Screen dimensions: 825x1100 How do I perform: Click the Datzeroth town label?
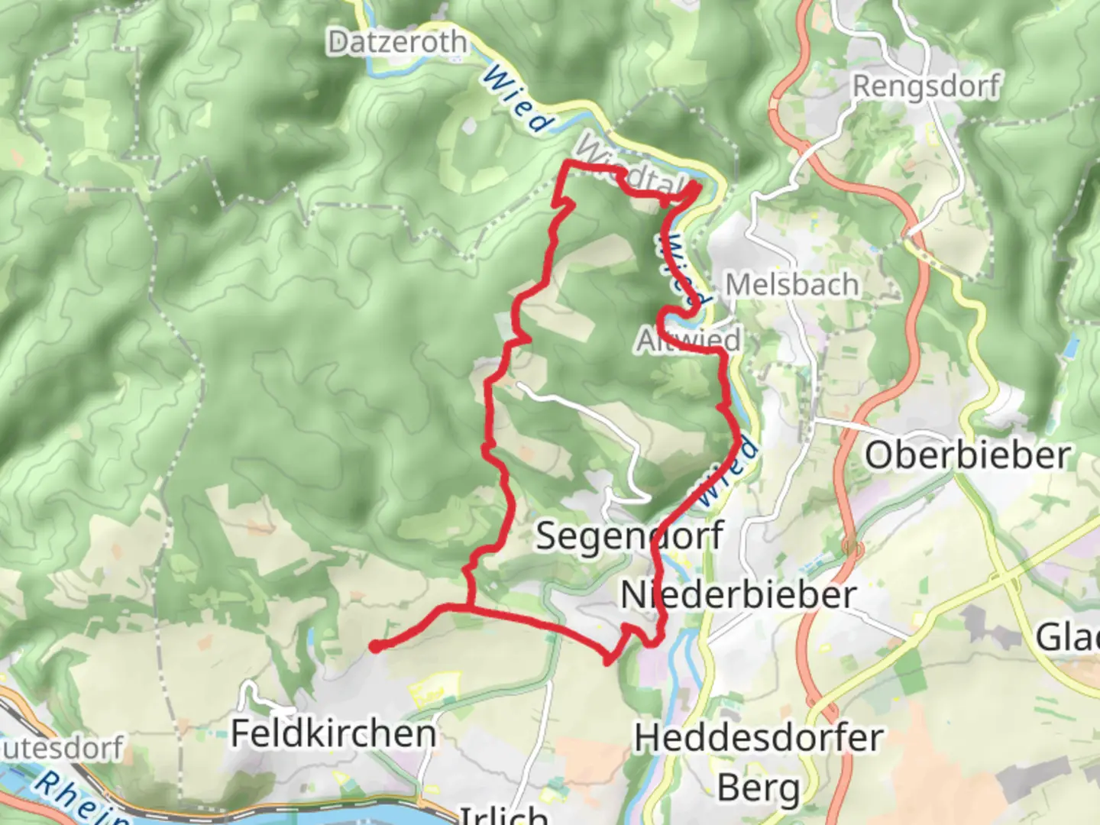click(x=396, y=42)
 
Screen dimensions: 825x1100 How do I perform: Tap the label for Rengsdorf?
click(x=925, y=86)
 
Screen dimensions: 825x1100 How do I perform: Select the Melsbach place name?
click(x=791, y=285)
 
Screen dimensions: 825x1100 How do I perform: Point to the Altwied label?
click(x=689, y=340)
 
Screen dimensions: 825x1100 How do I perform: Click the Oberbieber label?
click(x=967, y=455)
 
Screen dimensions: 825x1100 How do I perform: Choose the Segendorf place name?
click(x=629, y=535)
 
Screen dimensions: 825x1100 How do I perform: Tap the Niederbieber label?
click(x=738, y=595)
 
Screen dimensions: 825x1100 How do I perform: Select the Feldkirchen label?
click(x=334, y=733)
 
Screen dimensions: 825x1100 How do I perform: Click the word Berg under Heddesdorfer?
click(x=759, y=788)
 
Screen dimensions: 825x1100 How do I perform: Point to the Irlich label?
click(x=503, y=814)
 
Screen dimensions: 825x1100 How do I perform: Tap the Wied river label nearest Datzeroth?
click(x=518, y=100)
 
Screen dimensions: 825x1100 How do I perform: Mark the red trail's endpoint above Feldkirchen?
click(x=375, y=647)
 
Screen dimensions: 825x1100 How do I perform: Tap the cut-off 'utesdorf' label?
click(x=61, y=748)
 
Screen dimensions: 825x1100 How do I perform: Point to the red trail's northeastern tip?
click(x=696, y=186)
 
